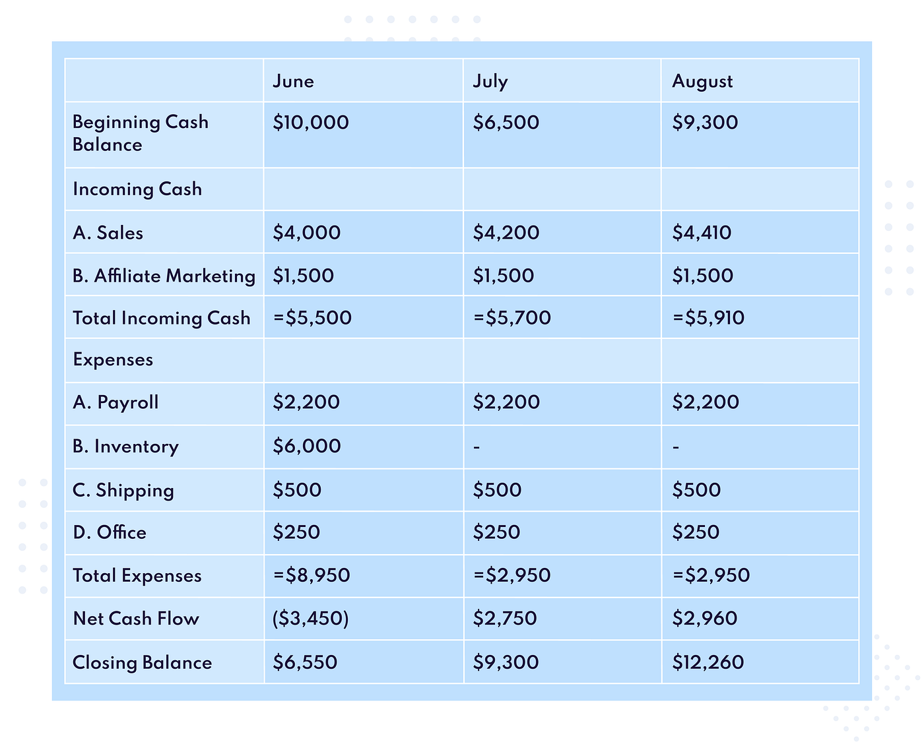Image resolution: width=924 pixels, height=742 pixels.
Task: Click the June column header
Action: pos(293,81)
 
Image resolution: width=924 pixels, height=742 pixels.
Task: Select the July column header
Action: pos(490,82)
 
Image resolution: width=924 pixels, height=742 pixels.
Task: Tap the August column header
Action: pos(702,82)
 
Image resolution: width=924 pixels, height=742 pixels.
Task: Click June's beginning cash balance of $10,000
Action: pos(311,122)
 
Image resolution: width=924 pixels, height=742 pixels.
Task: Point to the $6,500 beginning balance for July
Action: pos(506,122)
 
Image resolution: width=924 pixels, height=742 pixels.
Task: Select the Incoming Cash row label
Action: pos(137,189)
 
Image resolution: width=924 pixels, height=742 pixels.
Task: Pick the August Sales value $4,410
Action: pos(702,233)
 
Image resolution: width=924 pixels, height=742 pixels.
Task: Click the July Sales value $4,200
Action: pos(506,233)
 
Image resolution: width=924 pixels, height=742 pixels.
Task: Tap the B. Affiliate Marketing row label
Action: pos(164,276)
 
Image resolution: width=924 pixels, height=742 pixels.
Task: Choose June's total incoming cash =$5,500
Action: pos(313,317)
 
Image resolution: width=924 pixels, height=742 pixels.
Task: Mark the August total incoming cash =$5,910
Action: pos(708,317)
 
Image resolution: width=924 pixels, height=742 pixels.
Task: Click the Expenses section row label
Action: pos(113,359)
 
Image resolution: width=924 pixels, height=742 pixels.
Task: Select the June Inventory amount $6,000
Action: pos(307,446)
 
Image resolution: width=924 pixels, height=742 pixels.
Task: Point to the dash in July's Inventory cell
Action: pos(477,448)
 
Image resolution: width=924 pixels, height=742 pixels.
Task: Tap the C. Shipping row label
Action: pos(123,491)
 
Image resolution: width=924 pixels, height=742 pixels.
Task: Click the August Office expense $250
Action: pos(696,532)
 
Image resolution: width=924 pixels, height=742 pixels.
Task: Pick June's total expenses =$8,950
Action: pos(312,575)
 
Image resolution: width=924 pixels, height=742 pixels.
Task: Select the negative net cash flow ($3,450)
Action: pos(310,619)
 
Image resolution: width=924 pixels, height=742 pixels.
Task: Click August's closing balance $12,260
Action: pos(708,662)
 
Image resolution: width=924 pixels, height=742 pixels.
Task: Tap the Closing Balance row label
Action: pos(142,663)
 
